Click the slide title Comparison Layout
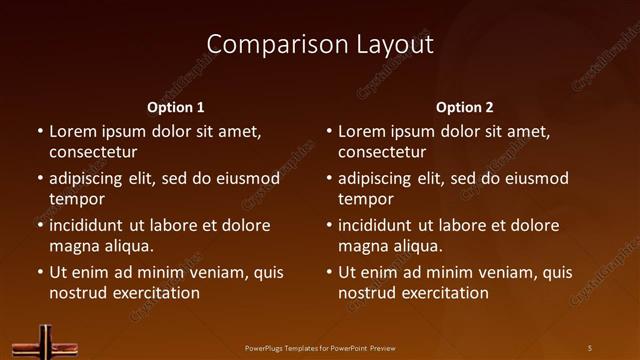[x=320, y=45]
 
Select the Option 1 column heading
[x=176, y=107]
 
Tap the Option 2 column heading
[x=465, y=107]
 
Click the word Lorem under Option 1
[x=72, y=131]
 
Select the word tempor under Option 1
[x=77, y=199]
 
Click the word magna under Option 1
[x=73, y=246]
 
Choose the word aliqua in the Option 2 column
[x=418, y=246]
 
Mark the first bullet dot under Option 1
[x=40, y=131]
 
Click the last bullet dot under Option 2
[x=329, y=272]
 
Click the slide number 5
[x=590, y=348]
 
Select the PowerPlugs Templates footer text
[x=320, y=348]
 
